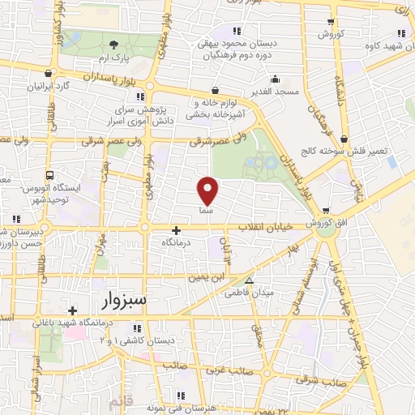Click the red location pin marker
[208, 190]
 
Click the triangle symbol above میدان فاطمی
[250, 281]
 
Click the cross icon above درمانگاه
[176, 231]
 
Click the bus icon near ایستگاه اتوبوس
[51, 174]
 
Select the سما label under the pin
[206, 209]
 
